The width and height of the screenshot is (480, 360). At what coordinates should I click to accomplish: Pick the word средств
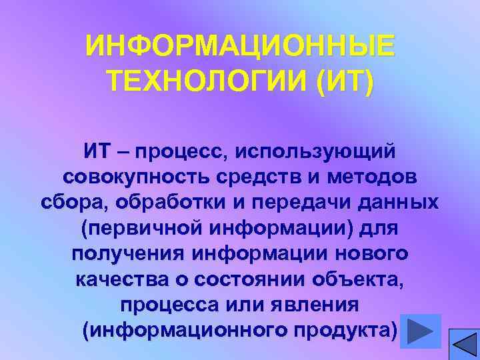tap(253, 177)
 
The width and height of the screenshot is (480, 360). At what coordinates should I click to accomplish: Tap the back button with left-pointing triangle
tap(463, 345)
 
